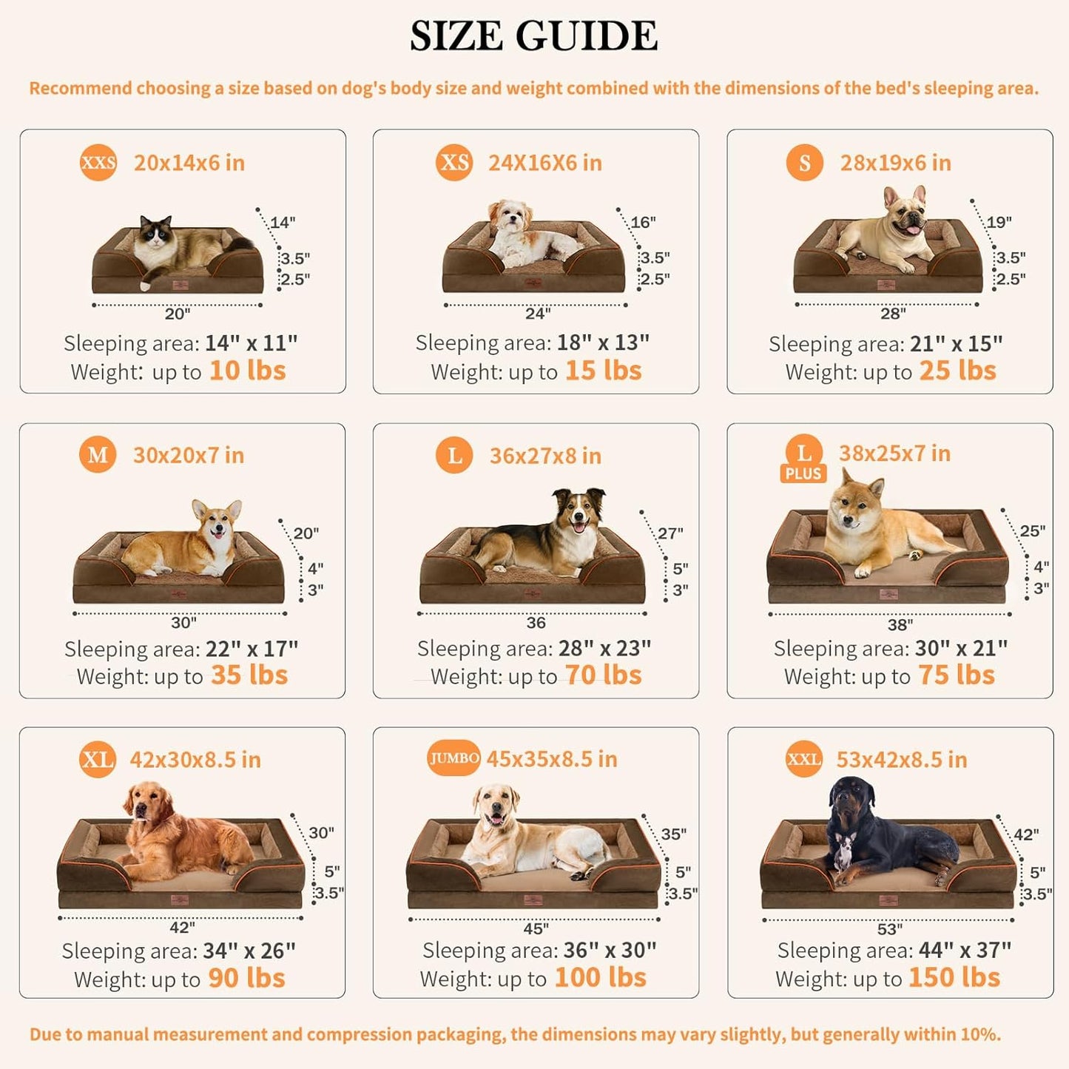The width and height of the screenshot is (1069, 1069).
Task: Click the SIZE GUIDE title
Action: (533, 36)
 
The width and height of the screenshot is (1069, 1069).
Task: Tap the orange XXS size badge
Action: (98, 162)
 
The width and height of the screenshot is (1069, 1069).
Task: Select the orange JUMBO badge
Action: (454, 758)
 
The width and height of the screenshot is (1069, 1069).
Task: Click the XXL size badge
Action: (804, 759)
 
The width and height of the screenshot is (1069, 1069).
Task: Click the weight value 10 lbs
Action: (247, 371)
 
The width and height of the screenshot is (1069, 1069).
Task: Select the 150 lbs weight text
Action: (954, 978)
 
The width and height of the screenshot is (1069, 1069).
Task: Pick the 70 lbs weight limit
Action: (603, 675)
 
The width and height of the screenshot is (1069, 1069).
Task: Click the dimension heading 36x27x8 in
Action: (545, 456)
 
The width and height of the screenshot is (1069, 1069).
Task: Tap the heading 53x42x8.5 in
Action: (901, 760)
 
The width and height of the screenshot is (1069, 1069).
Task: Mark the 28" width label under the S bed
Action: (893, 314)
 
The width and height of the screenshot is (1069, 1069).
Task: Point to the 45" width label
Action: (536, 928)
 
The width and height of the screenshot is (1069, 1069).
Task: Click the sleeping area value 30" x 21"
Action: (961, 649)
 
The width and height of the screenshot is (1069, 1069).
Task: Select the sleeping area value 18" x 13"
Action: (603, 343)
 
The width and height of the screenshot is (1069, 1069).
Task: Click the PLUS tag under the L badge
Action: (803, 474)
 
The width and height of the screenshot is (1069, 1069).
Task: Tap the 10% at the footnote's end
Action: (980, 1034)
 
